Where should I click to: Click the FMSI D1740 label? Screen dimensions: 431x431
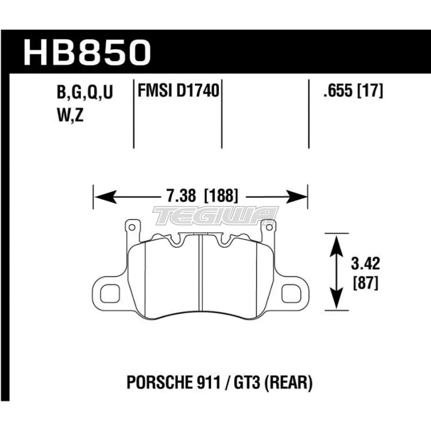click(x=178, y=92)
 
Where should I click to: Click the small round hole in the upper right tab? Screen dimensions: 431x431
click(x=269, y=227)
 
